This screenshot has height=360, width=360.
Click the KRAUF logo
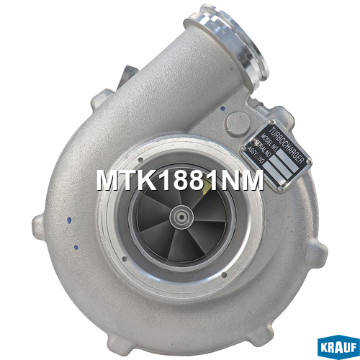338,347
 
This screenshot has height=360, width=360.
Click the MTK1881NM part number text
180,181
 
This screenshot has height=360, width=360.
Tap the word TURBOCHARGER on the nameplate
287,146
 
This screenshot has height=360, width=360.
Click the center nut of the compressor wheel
181,217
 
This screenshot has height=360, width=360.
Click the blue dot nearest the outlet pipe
223,109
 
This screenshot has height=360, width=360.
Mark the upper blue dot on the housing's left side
70,220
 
